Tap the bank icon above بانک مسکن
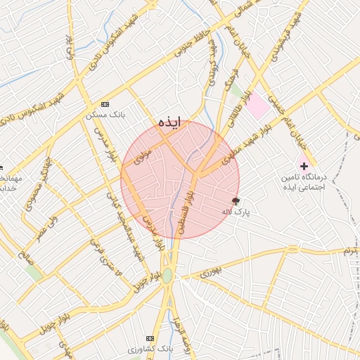(x=105, y=103)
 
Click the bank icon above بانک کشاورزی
(x=149, y=338)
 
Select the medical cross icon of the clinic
(x=304, y=167)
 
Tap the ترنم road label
(x=350, y=250)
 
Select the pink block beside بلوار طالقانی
(x=258, y=105)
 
